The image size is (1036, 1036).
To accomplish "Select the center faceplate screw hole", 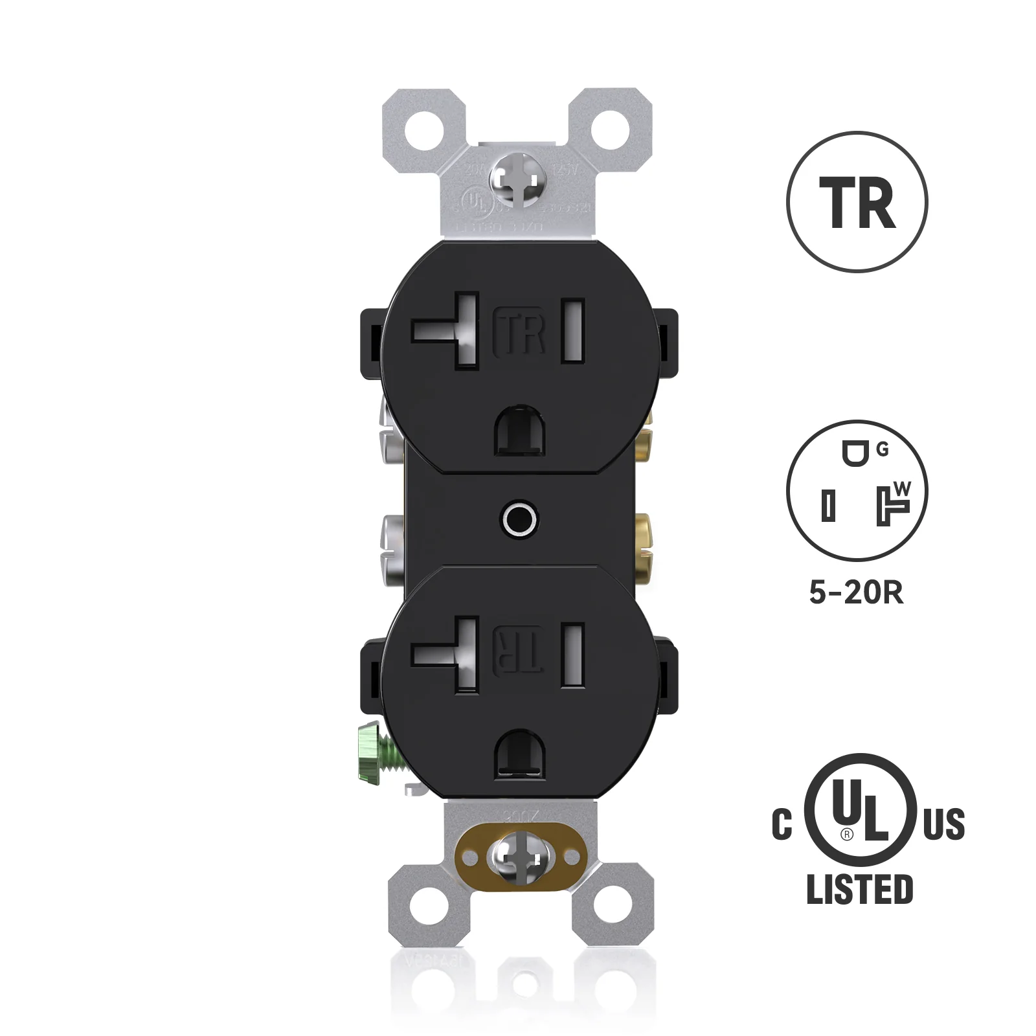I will click(519, 519).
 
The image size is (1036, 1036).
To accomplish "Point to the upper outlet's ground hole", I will click(519, 430).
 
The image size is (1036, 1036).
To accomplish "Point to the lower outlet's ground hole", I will click(519, 754).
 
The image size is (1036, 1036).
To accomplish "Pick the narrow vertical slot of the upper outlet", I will click(573, 330).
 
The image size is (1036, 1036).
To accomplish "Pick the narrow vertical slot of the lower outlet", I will click(573, 654).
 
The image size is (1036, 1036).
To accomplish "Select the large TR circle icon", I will click(857, 201).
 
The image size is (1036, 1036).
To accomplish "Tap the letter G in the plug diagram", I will click(883, 450).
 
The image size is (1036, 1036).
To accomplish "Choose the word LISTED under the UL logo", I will click(859, 889).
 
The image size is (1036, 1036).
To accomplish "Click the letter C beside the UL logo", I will click(782, 824).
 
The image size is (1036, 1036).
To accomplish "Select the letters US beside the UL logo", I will click(943, 824).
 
